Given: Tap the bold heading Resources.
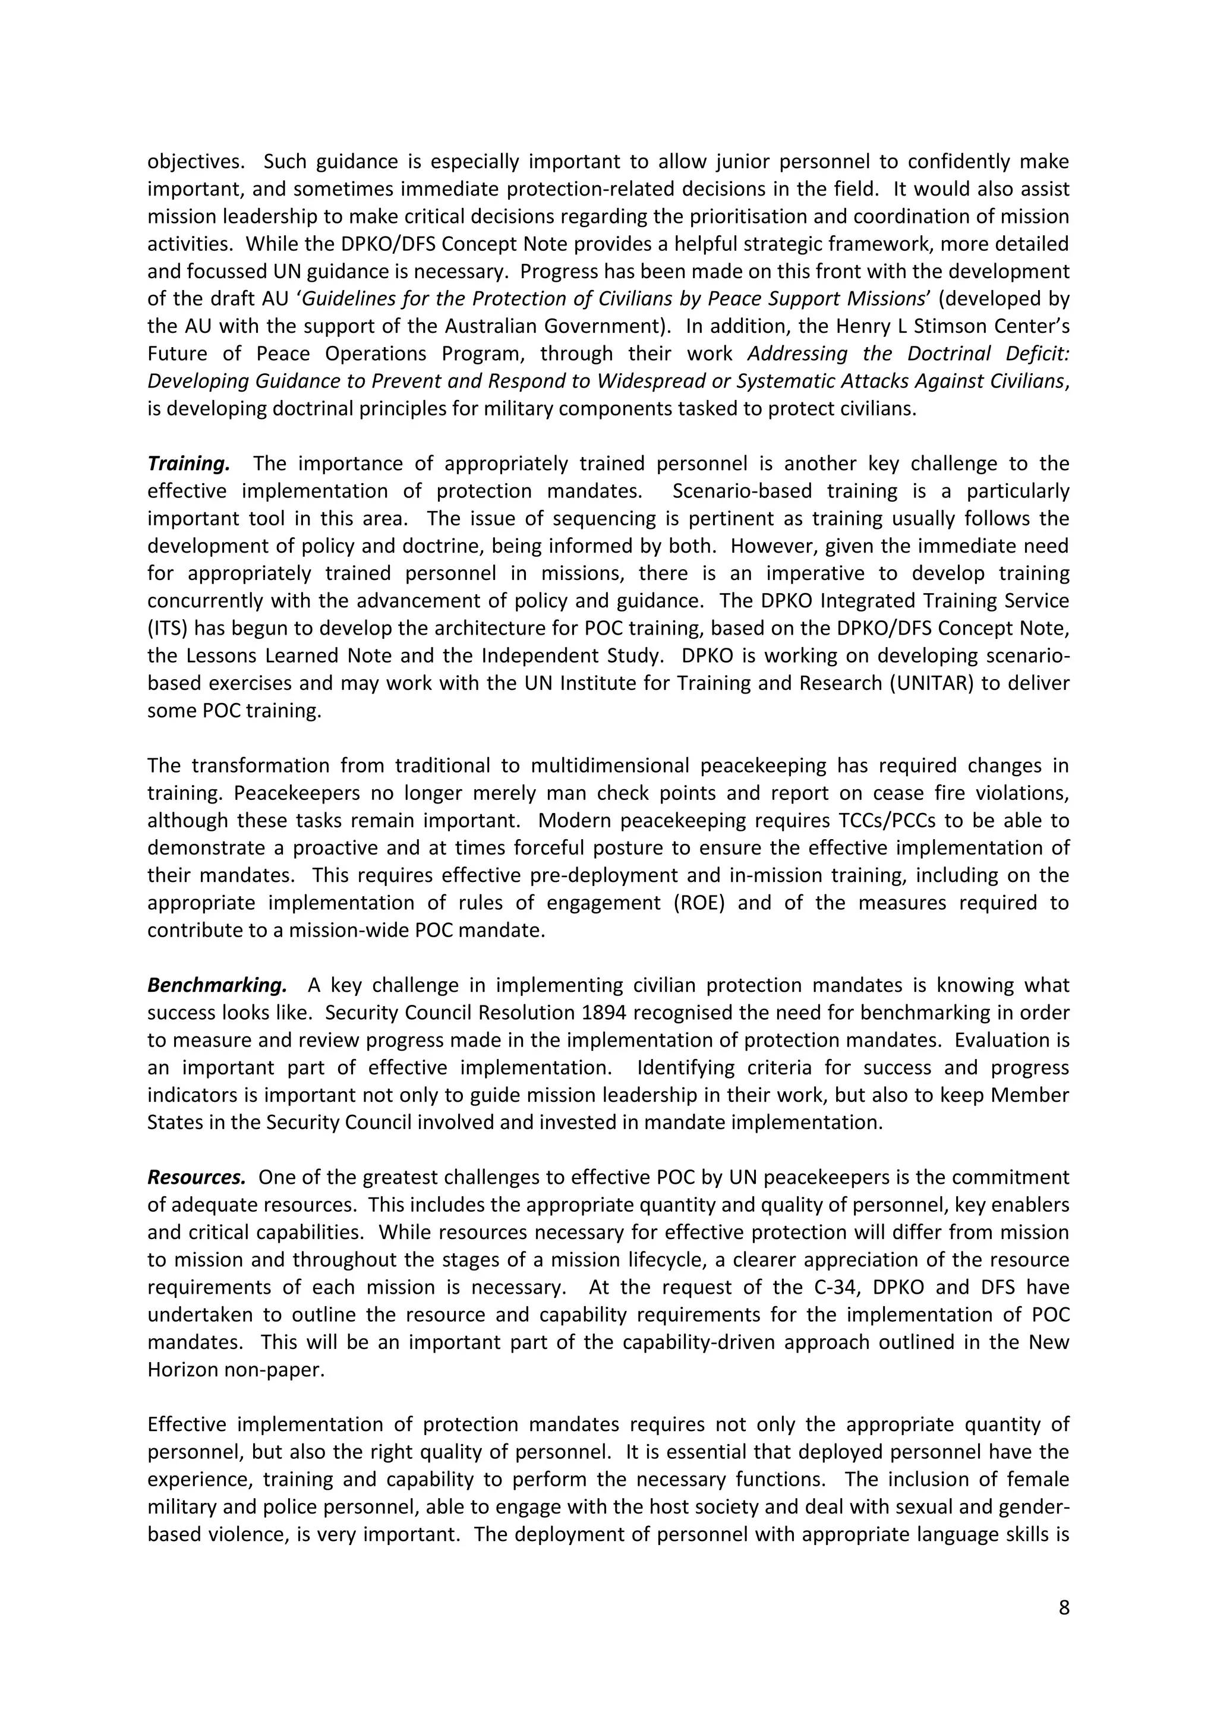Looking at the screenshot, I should (196, 1178).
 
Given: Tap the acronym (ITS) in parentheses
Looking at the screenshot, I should (166, 629).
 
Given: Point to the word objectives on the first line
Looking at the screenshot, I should (195, 162).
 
